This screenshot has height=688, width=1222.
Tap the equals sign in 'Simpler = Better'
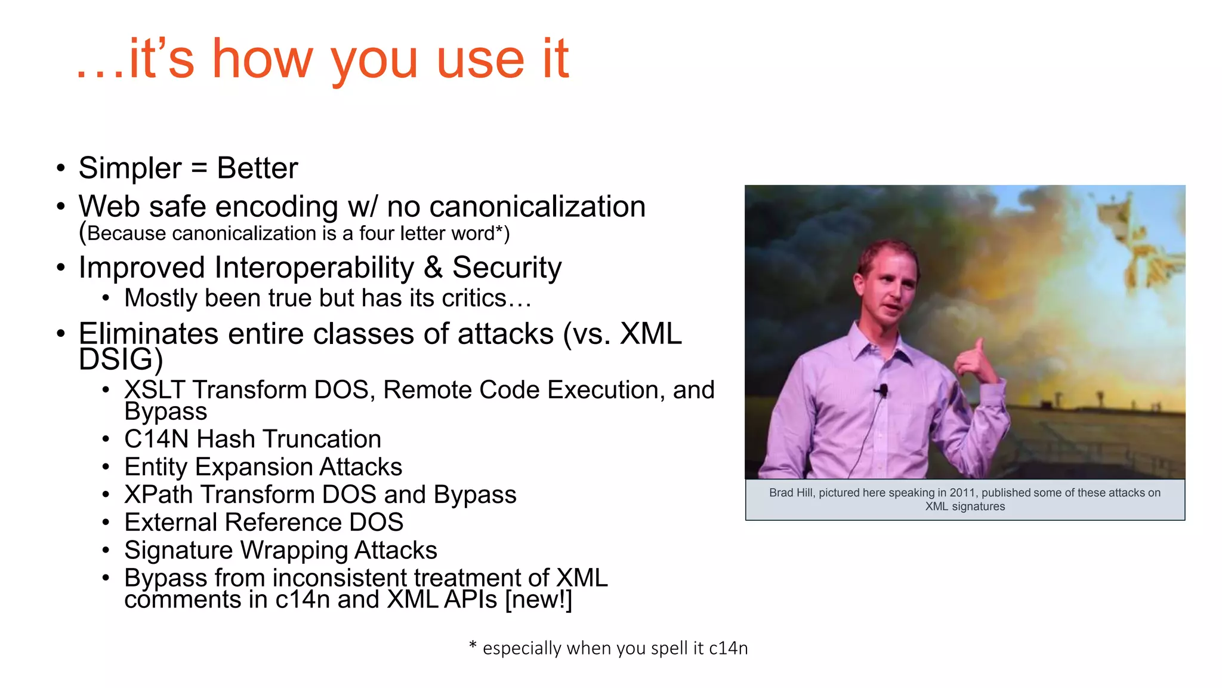(x=199, y=168)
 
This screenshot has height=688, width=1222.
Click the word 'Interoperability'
(x=314, y=268)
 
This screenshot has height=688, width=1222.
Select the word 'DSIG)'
(x=121, y=360)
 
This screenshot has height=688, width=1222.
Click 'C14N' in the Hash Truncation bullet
(x=156, y=440)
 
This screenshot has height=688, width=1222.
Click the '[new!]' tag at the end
(x=538, y=600)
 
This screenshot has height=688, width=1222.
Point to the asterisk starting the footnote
(x=473, y=646)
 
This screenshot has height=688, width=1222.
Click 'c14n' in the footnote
(x=728, y=648)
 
